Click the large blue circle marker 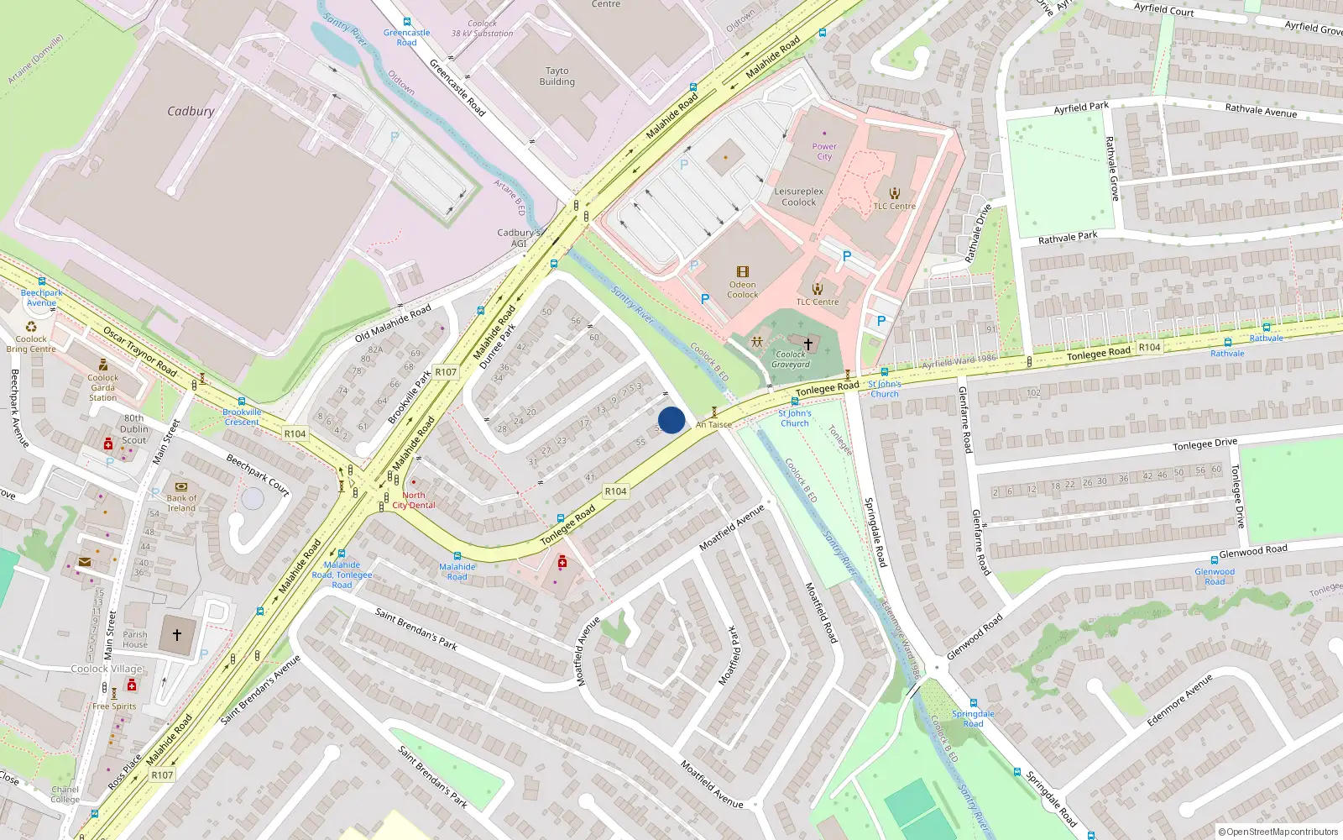671,420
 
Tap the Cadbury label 191,111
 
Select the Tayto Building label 557,76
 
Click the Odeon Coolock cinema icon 743,271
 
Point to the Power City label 824,151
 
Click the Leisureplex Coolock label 798,197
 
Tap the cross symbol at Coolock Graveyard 808,344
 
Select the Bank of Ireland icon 181,486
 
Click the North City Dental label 414,500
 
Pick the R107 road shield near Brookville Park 446,372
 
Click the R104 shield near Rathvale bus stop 1149,347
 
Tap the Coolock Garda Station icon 103,365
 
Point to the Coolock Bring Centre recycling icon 31,326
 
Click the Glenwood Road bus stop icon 1214,560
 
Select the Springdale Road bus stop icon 973,703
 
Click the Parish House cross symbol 176,635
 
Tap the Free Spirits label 114,706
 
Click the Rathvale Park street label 1068,238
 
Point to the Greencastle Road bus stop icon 407,23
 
